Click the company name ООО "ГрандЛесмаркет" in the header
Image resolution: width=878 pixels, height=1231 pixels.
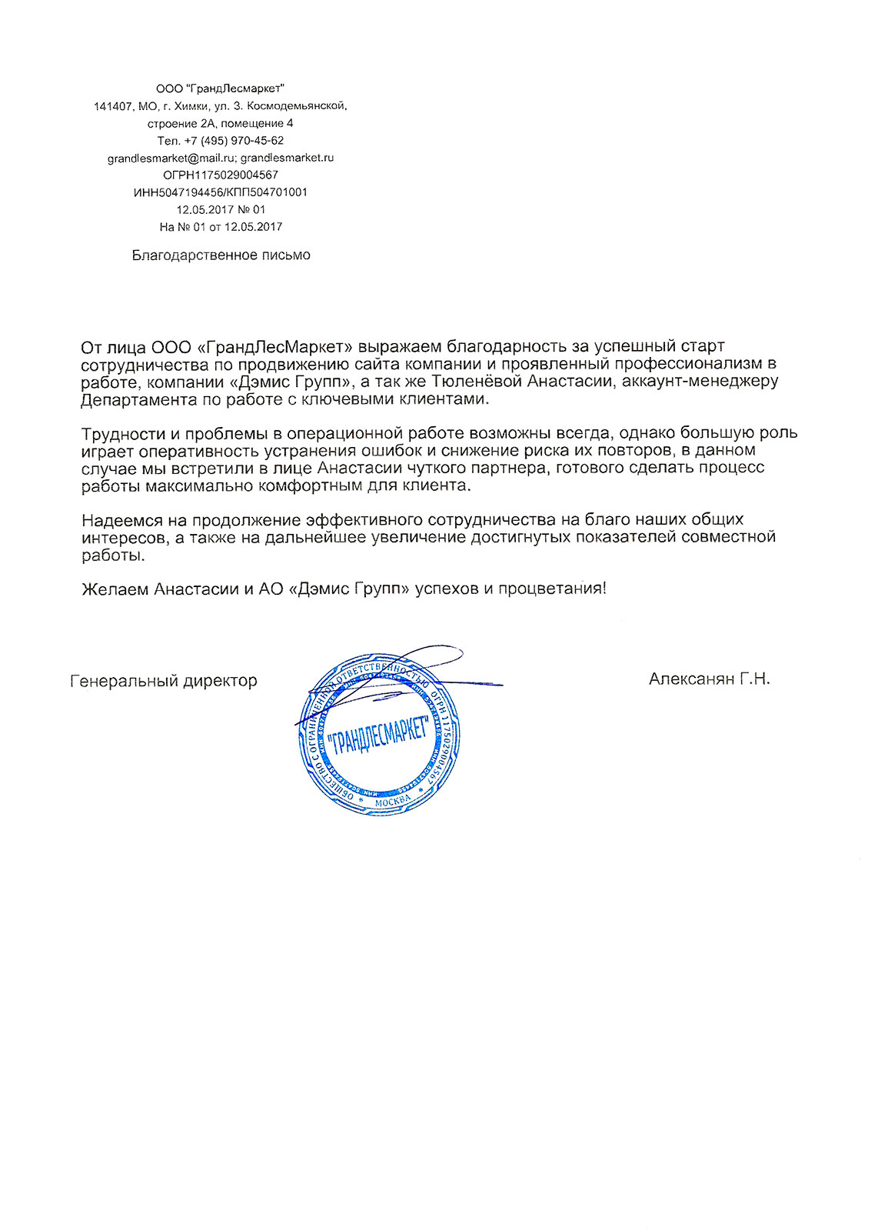(x=220, y=88)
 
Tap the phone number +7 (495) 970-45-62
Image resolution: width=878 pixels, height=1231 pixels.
(x=234, y=141)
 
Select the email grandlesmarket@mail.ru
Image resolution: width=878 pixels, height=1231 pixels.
(x=171, y=158)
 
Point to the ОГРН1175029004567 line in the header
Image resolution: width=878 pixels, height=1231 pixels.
(x=221, y=175)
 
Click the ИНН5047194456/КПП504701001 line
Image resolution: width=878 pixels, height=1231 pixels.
(x=221, y=192)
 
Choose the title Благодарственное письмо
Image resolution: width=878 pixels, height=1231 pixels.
(x=221, y=255)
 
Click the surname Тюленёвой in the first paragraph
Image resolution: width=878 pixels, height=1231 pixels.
(x=474, y=381)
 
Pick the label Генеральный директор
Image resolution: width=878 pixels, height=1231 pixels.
(x=164, y=681)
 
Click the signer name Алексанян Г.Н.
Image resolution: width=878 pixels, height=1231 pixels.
(x=709, y=679)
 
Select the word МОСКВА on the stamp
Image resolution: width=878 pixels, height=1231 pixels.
(x=392, y=802)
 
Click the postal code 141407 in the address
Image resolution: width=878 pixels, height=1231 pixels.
(x=113, y=106)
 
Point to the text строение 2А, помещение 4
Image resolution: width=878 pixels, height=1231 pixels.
(x=221, y=123)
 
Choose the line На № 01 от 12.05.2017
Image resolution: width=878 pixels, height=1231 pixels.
(x=221, y=227)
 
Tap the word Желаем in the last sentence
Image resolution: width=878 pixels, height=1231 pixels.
(x=115, y=589)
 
